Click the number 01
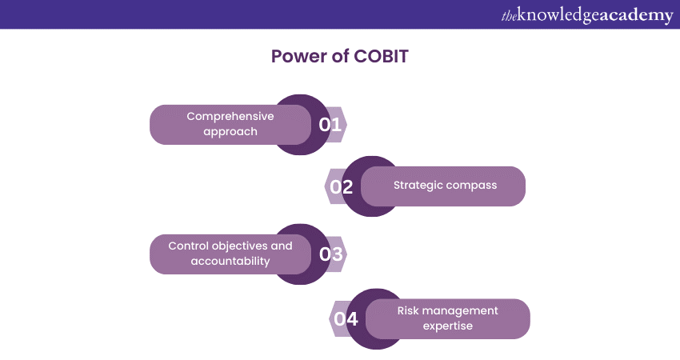click(x=330, y=125)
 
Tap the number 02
click(x=342, y=187)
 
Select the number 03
click(x=331, y=254)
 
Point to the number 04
click(x=346, y=319)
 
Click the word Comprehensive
click(x=230, y=117)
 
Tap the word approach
click(x=230, y=132)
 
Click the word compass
click(x=471, y=186)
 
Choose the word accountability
click(x=230, y=261)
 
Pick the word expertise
click(x=447, y=326)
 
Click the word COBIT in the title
click(x=381, y=56)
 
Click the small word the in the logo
click(x=509, y=16)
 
